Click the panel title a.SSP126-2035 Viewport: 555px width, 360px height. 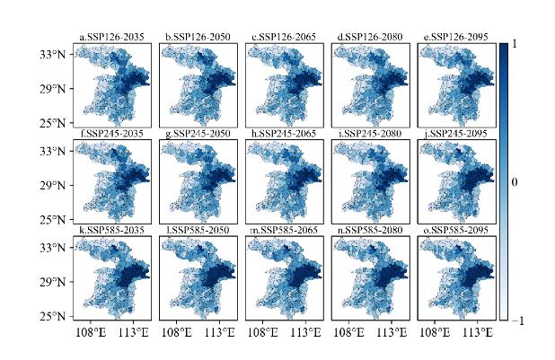pos(111,37)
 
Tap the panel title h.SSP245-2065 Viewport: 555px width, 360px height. pos(284,133)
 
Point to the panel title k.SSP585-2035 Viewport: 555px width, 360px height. pos(111,230)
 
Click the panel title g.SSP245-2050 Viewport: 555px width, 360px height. pos(198,133)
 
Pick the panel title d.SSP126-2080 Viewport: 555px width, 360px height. pos(370,37)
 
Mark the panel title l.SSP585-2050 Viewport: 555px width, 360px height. pos(198,230)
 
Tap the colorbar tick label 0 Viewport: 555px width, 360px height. pos(515,182)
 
